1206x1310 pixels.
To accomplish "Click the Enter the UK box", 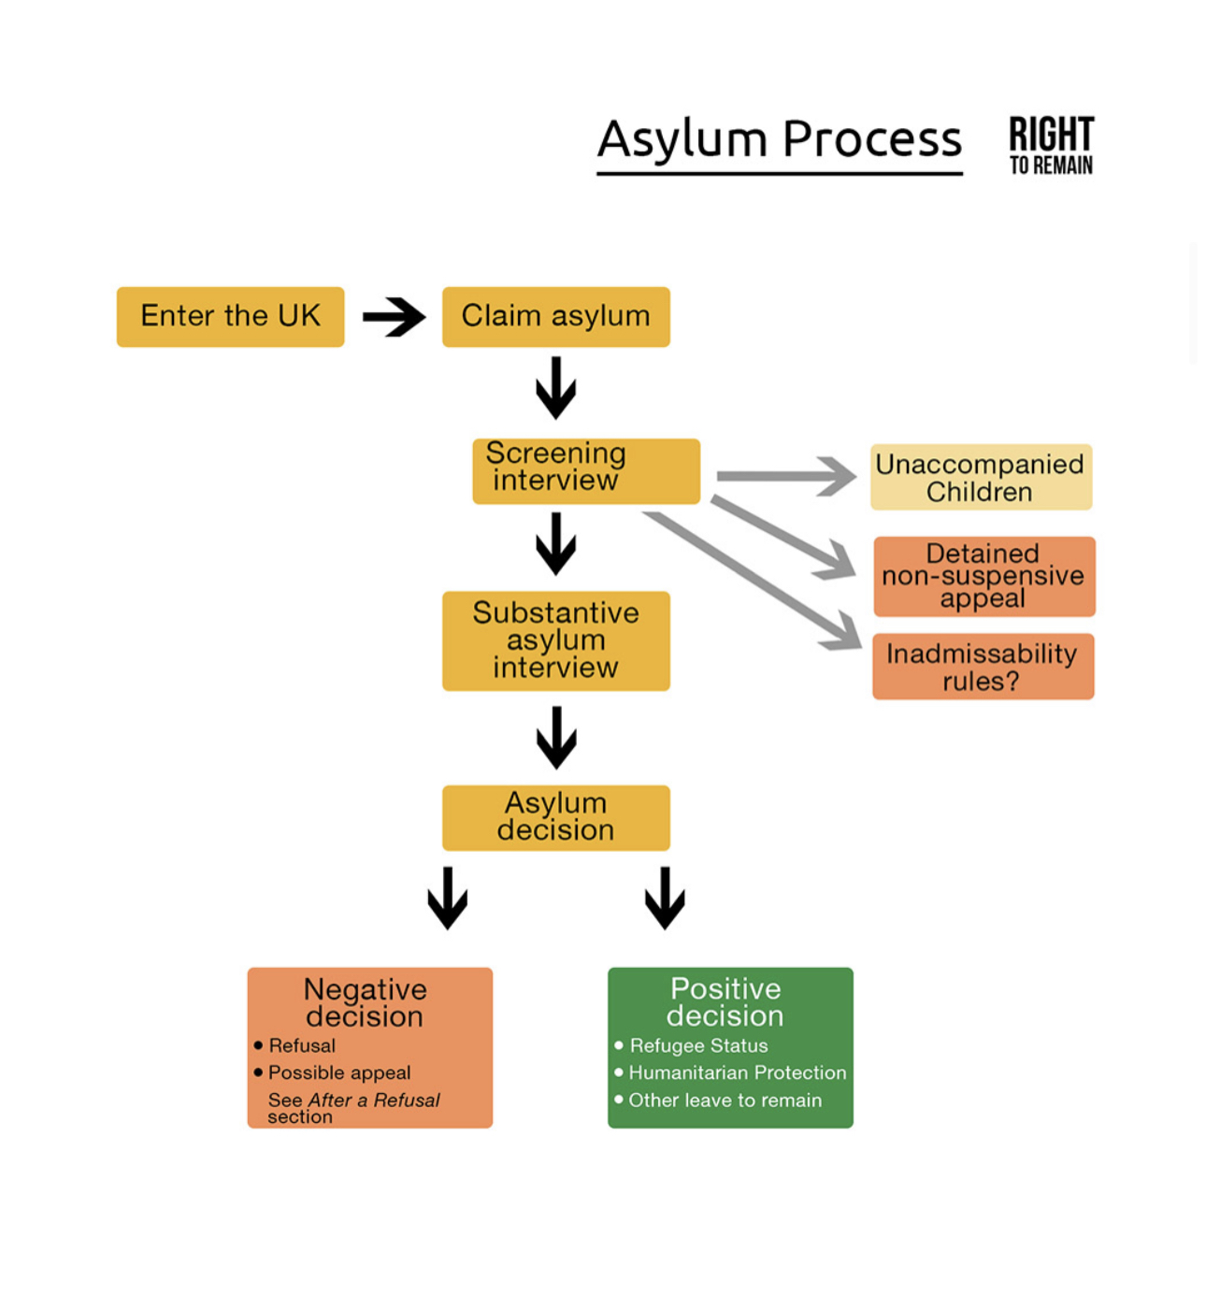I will pyautogui.click(x=230, y=317).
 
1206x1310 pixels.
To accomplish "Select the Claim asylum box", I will pyautogui.click(x=555, y=317).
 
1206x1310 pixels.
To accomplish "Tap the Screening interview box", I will pyautogui.click(x=585, y=470).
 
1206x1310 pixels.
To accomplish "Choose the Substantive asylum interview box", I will pyautogui.click(x=555, y=641).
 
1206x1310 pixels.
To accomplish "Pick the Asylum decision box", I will pyautogui.click(x=555, y=817).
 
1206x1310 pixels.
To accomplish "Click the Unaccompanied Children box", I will pyautogui.click(x=981, y=477).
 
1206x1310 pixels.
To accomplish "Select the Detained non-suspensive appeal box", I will pyautogui.click(x=983, y=576).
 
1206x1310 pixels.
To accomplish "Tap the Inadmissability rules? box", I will pyautogui.click(x=983, y=667).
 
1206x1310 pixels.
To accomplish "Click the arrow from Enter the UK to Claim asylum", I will pyautogui.click(x=394, y=317).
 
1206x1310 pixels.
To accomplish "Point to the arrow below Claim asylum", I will pyautogui.click(x=555, y=387).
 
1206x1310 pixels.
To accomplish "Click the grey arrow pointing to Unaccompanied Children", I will pyautogui.click(x=785, y=476).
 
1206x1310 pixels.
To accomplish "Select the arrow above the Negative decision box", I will pyautogui.click(x=447, y=898).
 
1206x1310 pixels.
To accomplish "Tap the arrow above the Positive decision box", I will pyautogui.click(x=665, y=898).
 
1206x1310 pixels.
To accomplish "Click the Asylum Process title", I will pyautogui.click(x=779, y=140).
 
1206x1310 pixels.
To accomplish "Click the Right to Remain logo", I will pyautogui.click(x=1051, y=145).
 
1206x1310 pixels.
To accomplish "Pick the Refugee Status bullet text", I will pyautogui.click(x=698, y=1045).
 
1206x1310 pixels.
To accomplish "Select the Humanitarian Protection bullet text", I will pyautogui.click(x=737, y=1072).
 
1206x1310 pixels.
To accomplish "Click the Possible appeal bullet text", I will pyautogui.click(x=339, y=1072).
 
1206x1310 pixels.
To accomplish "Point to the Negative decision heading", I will pyautogui.click(x=365, y=1002).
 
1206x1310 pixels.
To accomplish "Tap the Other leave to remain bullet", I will pyautogui.click(x=725, y=1101).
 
